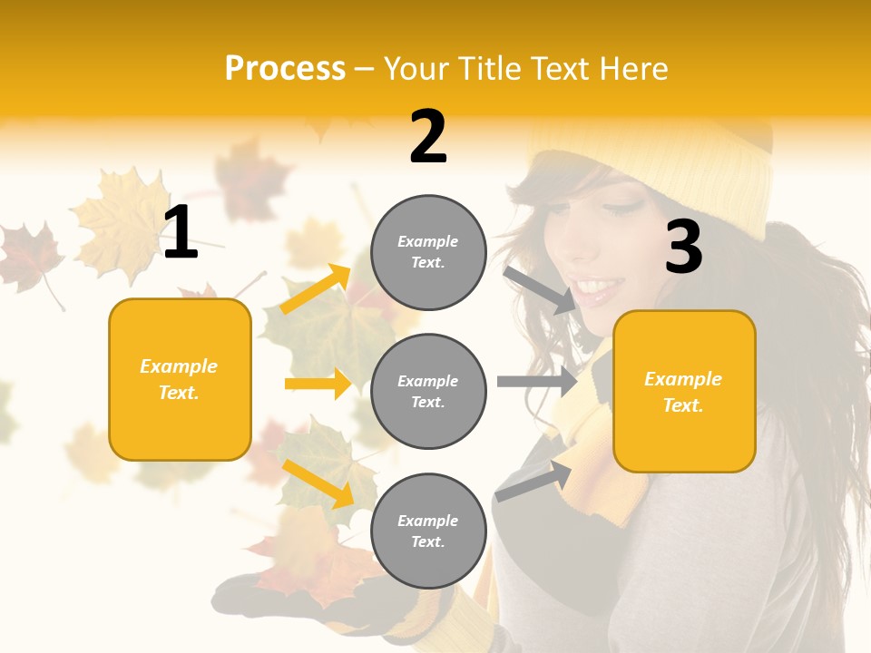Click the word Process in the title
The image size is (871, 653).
tap(285, 69)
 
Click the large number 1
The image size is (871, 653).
tap(181, 233)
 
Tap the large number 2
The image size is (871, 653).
tap(428, 137)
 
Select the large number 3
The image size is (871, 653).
tap(684, 249)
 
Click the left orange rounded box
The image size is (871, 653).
tap(180, 379)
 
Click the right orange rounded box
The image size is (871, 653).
tap(684, 391)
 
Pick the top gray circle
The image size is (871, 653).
tap(428, 252)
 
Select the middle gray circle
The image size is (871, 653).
tap(428, 391)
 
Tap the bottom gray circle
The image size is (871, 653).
tap(428, 531)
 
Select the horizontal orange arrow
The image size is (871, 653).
tap(318, 384)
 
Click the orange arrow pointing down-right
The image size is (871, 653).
tap(318, 483)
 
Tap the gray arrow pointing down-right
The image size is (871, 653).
tap(540, 289)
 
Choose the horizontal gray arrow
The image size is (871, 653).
tap(536, 381)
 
